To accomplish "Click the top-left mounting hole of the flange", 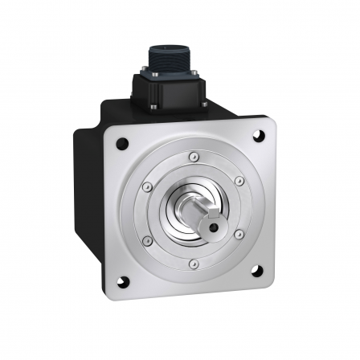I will click(121, 145).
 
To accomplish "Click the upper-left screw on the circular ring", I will click(145, 188).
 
